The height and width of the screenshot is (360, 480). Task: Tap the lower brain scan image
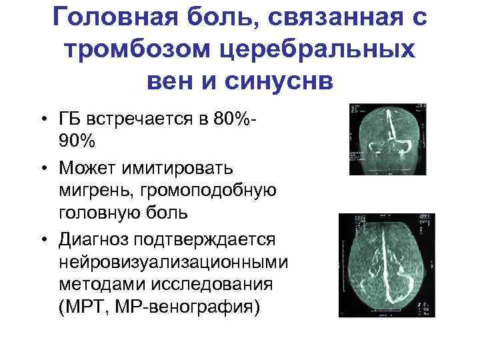(378, 265)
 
